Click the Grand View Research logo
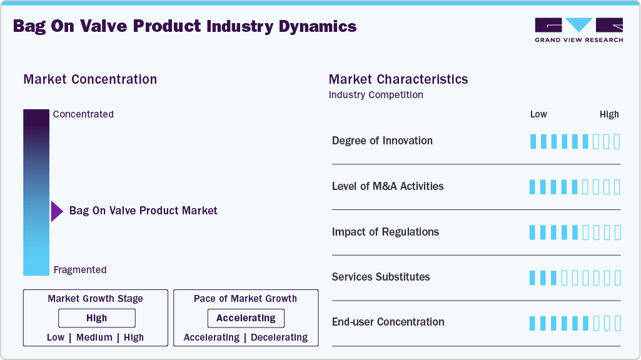click(578, 29)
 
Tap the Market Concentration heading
click(90, 79)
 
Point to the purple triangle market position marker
click(56, 211)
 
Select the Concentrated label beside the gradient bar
click(83, 114)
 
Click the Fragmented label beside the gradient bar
click(80, 270)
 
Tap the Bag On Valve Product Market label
click(143, 211)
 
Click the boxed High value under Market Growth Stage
click(96, 318)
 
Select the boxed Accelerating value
click(246, 318)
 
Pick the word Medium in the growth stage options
click(94, 337)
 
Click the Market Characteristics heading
click(398, 79)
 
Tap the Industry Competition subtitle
click(376, 95)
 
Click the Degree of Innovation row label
click(382, 141)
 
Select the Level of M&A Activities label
click(388, 186)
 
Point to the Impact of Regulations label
click(385, 232)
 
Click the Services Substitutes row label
click(381, 277)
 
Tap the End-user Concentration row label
click(388, 322)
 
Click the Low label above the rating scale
click(538, 114)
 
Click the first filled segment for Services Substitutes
click(533, 277)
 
